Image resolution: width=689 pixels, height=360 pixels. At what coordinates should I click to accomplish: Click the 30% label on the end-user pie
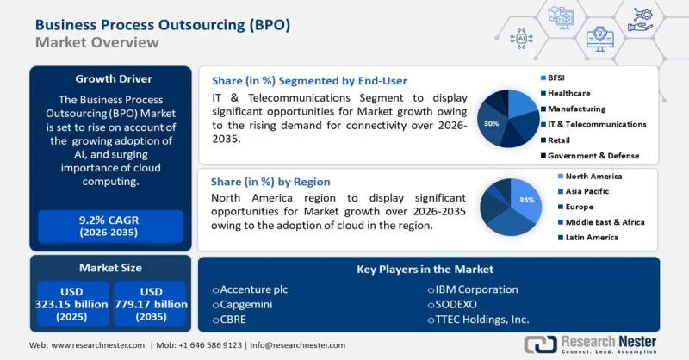tap(492, 123)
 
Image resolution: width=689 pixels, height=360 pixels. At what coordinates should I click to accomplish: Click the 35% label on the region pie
tap(527, 200)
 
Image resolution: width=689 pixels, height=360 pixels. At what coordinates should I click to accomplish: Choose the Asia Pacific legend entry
tap(584, 191)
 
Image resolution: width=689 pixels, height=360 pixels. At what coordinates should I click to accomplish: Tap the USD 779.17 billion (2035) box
tap(149, 304)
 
